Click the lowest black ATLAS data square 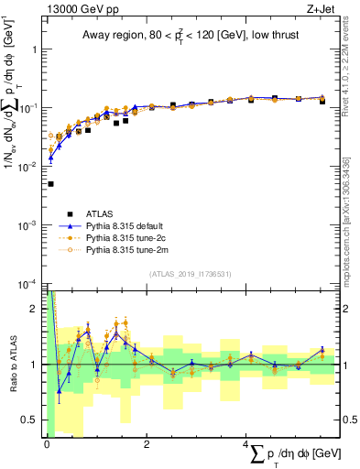pyautogui.click(x=49, y=184)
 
